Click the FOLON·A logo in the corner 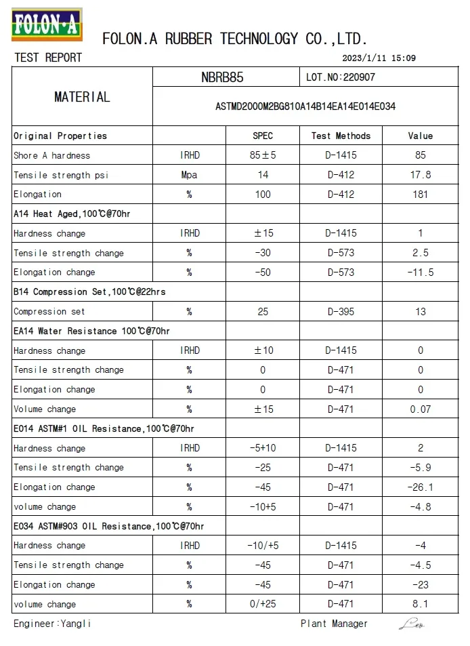[45, 24]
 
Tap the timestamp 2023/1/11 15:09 [379, 58]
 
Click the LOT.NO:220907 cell [341, 77]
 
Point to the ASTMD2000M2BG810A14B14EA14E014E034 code [305, 106]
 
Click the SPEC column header [263, 136]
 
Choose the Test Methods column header [341, 136]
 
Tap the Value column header [420, 136]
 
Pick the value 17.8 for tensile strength [420, 175]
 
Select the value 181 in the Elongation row [420, 195]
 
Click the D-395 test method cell [341, 312]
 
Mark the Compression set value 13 [420, 312]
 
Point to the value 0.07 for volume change [420, 409]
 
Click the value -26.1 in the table [420, 487]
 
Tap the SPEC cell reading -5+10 [263, 448]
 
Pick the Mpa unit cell [190, 175]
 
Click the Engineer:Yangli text [52, 624]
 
